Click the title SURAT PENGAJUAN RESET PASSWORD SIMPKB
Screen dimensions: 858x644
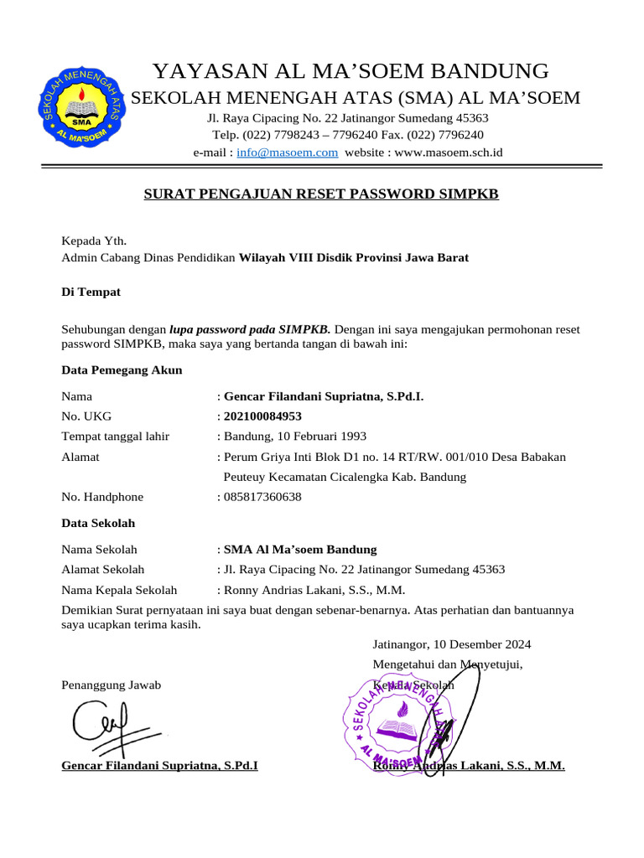[321, 194]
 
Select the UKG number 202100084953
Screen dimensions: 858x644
[262, 416]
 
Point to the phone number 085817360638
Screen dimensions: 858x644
[262, 497]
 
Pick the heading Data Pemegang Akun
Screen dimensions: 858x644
[122, 370]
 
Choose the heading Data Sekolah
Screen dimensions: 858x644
[98, 523]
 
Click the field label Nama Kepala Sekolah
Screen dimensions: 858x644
[119, 590]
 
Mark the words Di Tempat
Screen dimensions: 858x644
[91, 292]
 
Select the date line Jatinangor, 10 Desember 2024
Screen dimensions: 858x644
[452, 644]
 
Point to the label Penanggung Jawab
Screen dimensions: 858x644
[112, 685]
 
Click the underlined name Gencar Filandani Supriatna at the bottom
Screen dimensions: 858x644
[160, 766]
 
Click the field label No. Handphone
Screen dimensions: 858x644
[102, 497]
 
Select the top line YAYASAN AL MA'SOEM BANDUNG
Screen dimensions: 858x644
[351, 71]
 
